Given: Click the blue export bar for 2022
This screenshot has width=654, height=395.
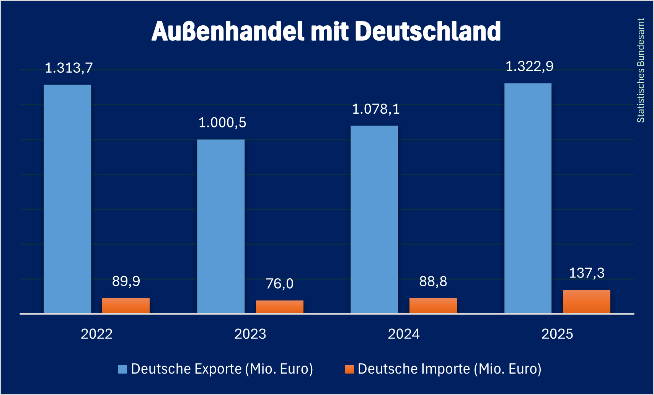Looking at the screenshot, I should pyautogui.click(x=67, y=199).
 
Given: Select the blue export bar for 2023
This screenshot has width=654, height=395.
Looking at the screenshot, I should pyautogui.click(x=221, y=226).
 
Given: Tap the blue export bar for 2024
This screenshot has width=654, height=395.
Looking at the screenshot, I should pyautogui.click(x=374, y=219).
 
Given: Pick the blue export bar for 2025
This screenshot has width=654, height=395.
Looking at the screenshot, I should pyautogui.click(x=528, y=198).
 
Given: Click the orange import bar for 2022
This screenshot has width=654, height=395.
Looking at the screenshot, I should pyautogui.click(x=126, y=305).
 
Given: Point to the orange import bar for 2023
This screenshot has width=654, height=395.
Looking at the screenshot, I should pyautogui.click(x=280, y=307).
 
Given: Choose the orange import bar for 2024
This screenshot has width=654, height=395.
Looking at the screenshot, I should pyautogui.click(x=433, y=305).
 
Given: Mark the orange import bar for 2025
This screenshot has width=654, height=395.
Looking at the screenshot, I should pyautogui.click(x=587, y=301).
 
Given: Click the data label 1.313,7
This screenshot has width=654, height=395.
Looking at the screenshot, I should pyautogui.click(x=69, y=68).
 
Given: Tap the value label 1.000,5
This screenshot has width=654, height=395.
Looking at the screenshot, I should pyautogui.click(x=222, y=123).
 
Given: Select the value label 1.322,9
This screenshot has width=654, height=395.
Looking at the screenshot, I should pyautogui.click(x=530, y=67).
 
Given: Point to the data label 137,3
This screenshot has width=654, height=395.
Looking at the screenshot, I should pyautogui.click(x=587, y=273).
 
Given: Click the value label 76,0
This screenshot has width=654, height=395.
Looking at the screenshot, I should pyautogui.click(x=280, y=284).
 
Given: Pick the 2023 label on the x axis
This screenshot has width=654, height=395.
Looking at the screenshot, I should pyautogui.click(x=250, y=334).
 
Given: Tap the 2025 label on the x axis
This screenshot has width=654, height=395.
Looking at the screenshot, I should pyautogui.click(x=557, y=334).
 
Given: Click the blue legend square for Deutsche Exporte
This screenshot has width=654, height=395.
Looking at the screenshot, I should pyautogui.click(x=122, y=369).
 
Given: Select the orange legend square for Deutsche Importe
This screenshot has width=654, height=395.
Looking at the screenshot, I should pyautogui.click(x=349, y=369).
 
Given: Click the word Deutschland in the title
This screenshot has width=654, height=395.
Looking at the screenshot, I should pyautogui.click(x=428, y=31).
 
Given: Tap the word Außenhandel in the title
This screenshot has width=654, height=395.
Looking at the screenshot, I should pyautogui.click(x=228, y=31).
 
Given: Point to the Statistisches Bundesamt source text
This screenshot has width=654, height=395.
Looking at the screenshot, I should pyautogui.click(x=641, y=70).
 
